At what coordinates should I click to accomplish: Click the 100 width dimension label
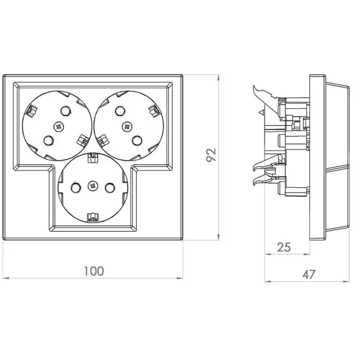tap(94, 271)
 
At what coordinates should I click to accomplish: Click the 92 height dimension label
tap(211, 155)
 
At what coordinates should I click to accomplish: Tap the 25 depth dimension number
tap(284, 247)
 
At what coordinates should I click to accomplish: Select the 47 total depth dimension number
tap(309, 274)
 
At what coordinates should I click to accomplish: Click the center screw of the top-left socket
tap(59, 127)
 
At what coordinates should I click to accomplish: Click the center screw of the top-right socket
tap(127, 127)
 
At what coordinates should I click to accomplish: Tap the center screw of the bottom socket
tap(93, 186)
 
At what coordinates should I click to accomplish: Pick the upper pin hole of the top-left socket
tap(65, 111)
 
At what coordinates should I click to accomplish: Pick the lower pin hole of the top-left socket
tap(49, 140)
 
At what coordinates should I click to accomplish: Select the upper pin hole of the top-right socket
tap(120, 111)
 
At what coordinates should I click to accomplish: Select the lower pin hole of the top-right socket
tap(137, 140)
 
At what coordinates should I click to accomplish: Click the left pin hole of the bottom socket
tap(76, 188)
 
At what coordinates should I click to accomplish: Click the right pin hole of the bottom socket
tap(110, 188)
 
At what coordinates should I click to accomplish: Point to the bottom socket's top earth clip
tap(93, 157)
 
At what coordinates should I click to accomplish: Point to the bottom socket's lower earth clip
tap(93, 218)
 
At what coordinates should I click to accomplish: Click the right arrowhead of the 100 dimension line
tap(180, 278)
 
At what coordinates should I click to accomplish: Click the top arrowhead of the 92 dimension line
tap(219, 78)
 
